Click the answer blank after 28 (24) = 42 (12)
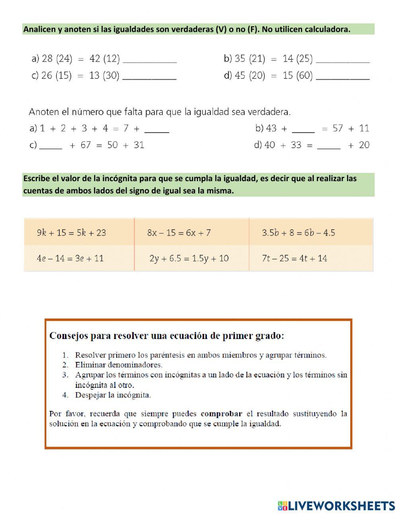click(150, 59)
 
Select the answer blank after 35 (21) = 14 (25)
click(342, 59)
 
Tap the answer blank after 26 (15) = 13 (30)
click(149, 76)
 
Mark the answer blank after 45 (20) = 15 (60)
click(343, 76)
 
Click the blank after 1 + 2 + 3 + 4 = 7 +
click(156, 129)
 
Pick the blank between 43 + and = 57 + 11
click(303, 129)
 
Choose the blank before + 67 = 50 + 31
click(51, 145)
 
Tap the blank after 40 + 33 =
click(329, 145)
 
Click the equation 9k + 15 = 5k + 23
click(72, 233)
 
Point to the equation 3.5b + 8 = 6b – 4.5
click(298, 233)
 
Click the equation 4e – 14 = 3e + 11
click(70, 258)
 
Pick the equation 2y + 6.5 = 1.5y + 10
click(189, 258)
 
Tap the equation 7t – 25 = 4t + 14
click(295, 258)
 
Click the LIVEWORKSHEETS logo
click(336, 506)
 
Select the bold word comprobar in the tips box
click(221, 414)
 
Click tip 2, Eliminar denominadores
click(118, 365)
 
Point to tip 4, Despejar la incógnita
click(113, 395)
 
